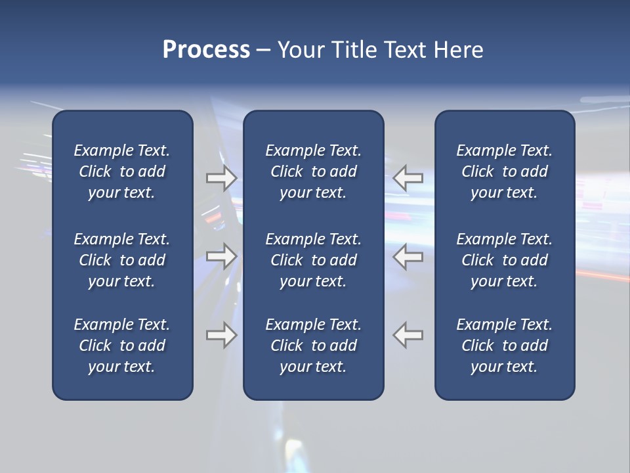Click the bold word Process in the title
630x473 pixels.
pyautogui.click(x=206, y=50)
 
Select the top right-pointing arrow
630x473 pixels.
pyautogui.click(x=221, y=178)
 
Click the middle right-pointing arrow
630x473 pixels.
pyautogui.click(x=221, y=256)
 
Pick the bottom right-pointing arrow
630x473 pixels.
pyautogui.click(x=221, y=335)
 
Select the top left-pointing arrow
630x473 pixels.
pyautogui.click(x=408, y=178)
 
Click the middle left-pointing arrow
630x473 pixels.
pyautogui.click(x=408, y=256)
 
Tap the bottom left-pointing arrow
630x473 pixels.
pyautogui.click(x=408, y=335)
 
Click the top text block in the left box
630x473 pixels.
pyautogui.click(x=122, y=171)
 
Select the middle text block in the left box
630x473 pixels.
pyautogui.click(x=122, y=260)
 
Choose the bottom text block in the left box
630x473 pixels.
pyautogui.click(x=122, y=346)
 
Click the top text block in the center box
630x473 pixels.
pyautogui.click(x=313, y=171)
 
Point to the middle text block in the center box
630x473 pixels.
pyautogui.click(x=313, y=260)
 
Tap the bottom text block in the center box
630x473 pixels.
pyautogui.click(x=313, y=346)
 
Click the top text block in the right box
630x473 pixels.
pyautogui.click(x=504, y=171)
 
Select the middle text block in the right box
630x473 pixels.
pyautogui.click(x=504, y=260)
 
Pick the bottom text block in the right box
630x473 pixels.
pyautogui.click(x=504, y=346)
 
